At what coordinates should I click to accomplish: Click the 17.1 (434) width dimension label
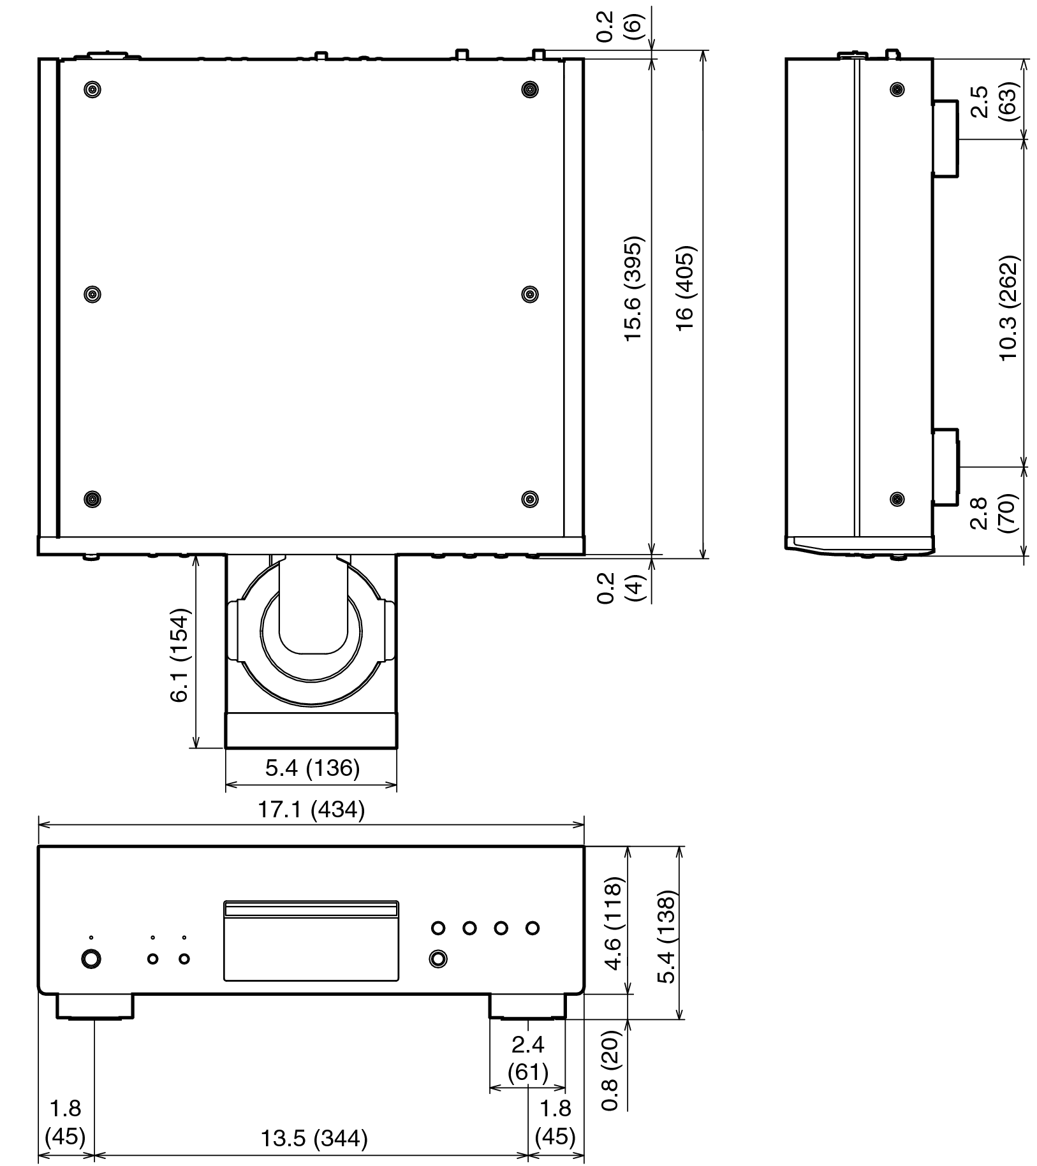311,810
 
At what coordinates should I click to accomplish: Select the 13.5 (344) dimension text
314,1138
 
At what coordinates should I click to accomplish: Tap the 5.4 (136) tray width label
312,768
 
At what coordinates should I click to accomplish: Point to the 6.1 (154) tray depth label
180,656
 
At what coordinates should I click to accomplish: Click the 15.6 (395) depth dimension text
634,289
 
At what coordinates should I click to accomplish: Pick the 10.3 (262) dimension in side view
1009,308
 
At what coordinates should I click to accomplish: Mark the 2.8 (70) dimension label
991,514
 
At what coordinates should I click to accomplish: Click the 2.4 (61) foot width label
527,1058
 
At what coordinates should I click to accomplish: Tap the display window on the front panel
311,942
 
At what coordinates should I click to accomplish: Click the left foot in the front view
95,1006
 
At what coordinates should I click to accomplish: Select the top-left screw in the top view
93,89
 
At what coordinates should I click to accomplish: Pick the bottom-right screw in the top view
529,499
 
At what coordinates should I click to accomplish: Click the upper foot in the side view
946,138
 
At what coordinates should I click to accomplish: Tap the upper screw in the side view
897,89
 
